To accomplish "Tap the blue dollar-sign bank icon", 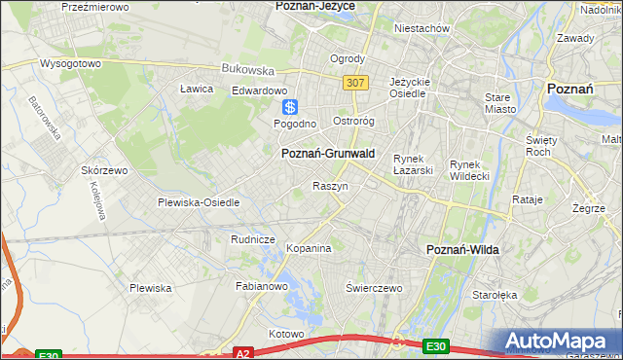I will click(289, 107).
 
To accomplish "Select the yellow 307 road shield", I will click(355, 83).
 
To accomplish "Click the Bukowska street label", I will click(248, 70).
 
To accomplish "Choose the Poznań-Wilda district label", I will click(462, 250).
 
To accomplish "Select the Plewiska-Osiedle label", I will click(199, 202).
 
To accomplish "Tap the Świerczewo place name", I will click(375, 288).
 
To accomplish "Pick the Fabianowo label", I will click(262, 287).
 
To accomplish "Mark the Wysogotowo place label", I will click(70, 64).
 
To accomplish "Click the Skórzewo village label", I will click(105, 169).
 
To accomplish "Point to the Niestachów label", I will click(421, 28).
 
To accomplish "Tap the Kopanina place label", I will click(309, 248).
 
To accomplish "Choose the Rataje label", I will click(527, 199).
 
